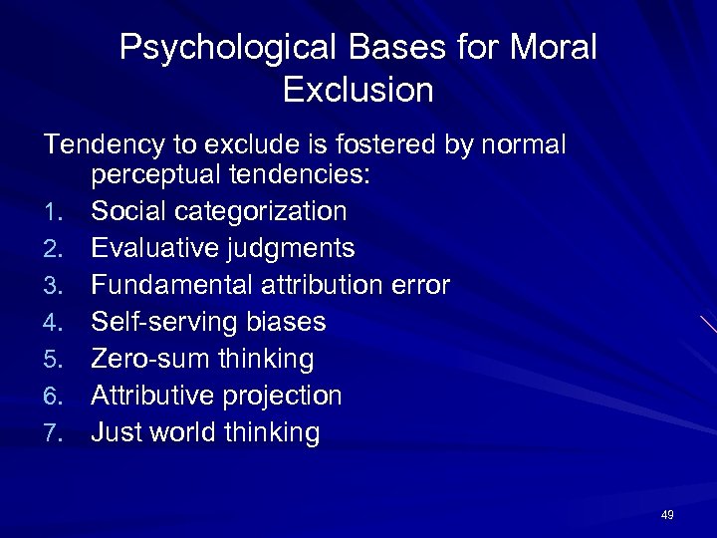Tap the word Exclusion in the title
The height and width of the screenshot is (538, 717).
coord(358,91)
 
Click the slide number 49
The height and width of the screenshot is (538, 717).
coord(667,515)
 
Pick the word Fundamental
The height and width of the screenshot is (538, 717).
coord(171,286)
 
